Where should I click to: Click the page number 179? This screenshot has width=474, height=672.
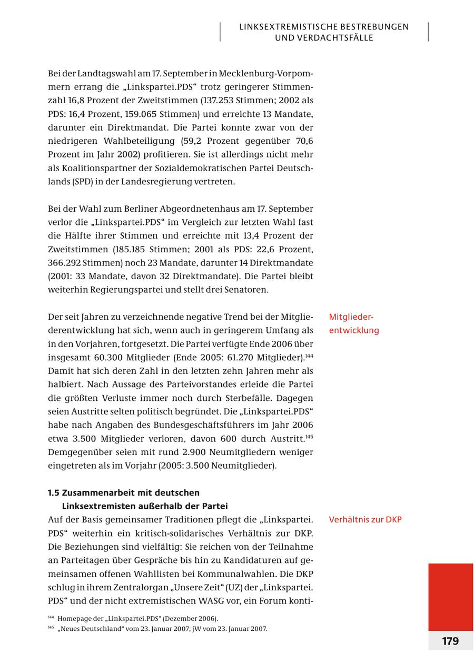tap(450, 641)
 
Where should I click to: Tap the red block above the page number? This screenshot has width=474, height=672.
tap(450, 597)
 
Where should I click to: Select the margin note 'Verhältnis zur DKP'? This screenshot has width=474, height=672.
tap(365, 520)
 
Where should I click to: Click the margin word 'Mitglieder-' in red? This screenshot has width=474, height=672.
tap(351, 317)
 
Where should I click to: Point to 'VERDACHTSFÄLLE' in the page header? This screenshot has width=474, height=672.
tap(324, 38)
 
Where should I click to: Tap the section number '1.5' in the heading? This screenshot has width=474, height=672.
tap(53, 493)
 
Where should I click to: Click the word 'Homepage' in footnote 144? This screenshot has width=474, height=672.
tap(73, 619)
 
